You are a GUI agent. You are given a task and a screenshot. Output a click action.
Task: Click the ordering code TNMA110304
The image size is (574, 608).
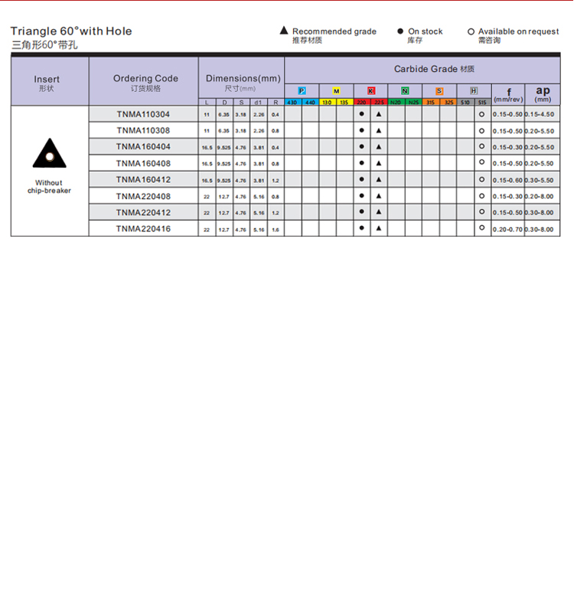[143, 114]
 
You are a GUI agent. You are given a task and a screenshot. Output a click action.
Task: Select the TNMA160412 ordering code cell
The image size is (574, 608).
[143, 179]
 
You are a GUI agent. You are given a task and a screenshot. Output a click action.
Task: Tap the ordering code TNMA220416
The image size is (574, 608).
[143, 228]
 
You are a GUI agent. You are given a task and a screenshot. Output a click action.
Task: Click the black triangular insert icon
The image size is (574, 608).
[49, 154]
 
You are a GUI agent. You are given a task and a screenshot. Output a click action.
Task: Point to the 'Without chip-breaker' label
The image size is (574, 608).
[49, 187]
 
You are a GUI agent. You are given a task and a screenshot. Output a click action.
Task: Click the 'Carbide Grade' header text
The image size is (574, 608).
[426, 69]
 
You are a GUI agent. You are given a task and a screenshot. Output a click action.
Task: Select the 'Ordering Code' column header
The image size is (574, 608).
[145, 78]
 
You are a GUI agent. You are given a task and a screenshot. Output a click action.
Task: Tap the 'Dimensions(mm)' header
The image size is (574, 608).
[243, 78]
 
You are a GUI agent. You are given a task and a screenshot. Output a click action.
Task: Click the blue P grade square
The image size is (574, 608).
[302, 91]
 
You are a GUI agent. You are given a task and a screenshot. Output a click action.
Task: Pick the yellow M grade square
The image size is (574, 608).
[336, 91]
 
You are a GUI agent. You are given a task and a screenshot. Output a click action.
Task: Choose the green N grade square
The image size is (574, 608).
[405, 91]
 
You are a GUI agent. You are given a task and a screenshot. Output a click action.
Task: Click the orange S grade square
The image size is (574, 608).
[439, 91]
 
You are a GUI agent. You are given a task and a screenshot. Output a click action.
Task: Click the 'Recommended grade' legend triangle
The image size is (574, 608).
[284, 31]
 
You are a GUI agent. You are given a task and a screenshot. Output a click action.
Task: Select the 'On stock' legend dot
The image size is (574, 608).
[400, 31]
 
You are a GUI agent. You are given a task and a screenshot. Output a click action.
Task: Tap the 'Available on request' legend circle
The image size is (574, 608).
[471, 31]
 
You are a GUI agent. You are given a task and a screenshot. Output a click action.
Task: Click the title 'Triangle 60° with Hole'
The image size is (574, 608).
[71, 31]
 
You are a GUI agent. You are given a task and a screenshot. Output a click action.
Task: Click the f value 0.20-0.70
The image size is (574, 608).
[507, 228]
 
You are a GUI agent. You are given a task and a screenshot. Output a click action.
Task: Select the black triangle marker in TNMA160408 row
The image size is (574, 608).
[379, 163]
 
